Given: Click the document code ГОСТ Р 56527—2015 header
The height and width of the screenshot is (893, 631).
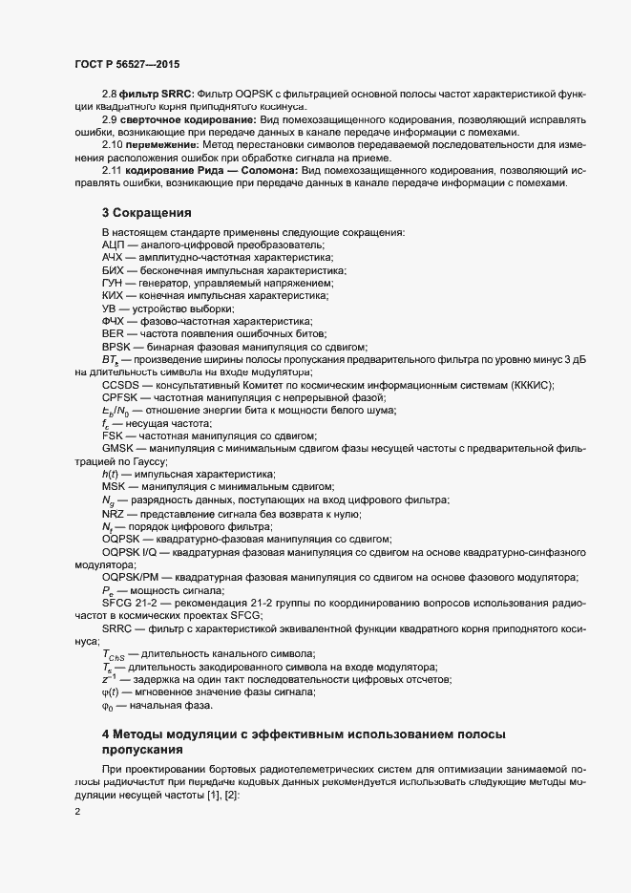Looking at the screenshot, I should pos(128,64).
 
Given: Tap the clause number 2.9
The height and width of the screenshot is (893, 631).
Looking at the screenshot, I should pos(110,120).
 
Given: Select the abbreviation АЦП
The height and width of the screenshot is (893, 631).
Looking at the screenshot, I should pos(114,245).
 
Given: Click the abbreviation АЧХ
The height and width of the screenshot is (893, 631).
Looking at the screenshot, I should pos(114,258).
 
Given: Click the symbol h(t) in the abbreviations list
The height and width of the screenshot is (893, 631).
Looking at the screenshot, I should pos(109,475).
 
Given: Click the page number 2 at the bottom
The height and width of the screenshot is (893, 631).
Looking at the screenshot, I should pos(77,812).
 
